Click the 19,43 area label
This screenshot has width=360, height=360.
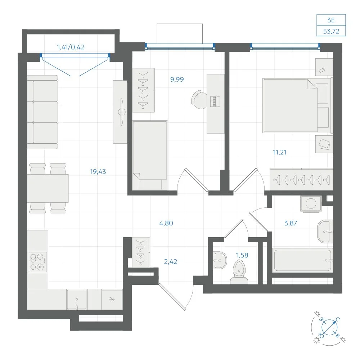tap(98, 171)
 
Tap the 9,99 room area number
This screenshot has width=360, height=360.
tap(177, 80)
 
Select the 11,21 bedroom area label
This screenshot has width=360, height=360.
tap(280, 152)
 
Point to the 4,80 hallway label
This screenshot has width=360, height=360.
tap(166, 223)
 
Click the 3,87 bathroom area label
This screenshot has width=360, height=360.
tap(291, 223)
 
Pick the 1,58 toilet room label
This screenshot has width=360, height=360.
tap(242, 255)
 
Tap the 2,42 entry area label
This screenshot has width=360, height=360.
tap(171, 261)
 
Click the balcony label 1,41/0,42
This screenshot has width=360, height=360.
tap(71, 47)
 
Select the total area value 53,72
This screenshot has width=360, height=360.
tap(331, 31)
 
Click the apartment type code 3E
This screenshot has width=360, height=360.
tap(331, 20)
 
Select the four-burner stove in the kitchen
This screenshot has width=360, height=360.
tap(37, 262)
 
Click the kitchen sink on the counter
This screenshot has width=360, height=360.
tap(77, 299)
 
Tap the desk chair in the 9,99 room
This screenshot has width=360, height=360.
tap(199, 100)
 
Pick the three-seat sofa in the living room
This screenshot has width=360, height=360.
tap(42, 112)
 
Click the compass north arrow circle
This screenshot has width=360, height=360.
tap(329, 327)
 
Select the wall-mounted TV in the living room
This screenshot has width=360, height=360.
tap(122, 112)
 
